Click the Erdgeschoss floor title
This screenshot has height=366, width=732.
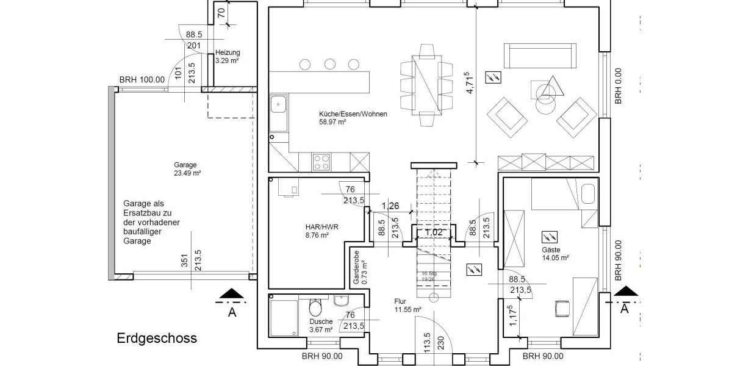pos(157,338)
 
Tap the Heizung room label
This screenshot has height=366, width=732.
pos(228,52)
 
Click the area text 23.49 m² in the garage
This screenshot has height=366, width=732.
pos(187,173)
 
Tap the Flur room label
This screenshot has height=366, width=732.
pos(400,301)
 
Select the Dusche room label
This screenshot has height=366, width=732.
pos(321,321)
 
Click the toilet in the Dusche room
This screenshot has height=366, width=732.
pos(315,306)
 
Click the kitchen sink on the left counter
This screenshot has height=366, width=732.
pos(279,107)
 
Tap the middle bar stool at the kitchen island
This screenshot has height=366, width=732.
pos(330,63)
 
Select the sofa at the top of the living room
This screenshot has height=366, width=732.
pos(540,56)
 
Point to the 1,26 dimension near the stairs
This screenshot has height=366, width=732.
pos(390,206)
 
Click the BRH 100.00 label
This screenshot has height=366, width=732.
pos(142,80)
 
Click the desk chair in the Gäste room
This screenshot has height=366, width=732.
pos(561,309)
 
